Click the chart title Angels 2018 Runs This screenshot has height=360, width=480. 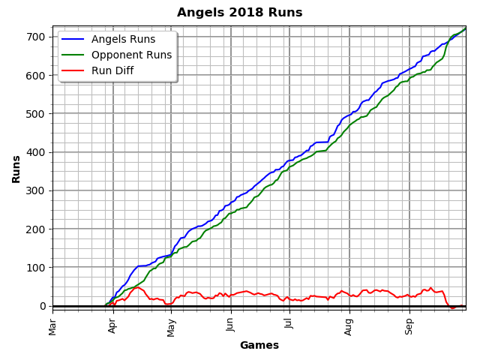239,13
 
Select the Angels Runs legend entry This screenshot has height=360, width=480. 123,40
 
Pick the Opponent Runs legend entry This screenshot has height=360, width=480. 131,55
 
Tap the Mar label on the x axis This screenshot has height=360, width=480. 53,325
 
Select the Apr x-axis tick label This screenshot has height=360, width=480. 112,325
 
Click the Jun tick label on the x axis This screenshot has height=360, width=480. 231,325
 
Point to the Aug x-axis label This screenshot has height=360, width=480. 349,325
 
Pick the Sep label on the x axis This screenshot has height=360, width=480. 409,325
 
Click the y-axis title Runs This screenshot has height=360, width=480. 16,169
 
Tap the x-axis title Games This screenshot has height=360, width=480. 259,346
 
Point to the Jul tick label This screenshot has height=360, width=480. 289,325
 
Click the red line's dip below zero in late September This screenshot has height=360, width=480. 452,307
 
